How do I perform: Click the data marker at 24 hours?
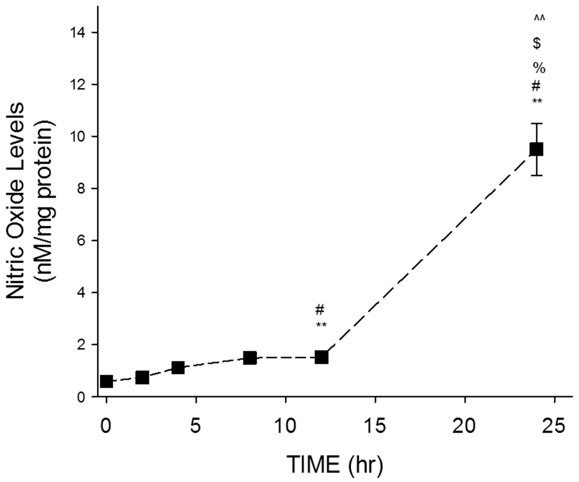(537, 149)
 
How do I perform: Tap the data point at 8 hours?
(250, 358)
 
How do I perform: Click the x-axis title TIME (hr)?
(335, 464)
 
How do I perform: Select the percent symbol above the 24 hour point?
(539, 68)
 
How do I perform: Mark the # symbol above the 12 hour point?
(320, 310)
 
